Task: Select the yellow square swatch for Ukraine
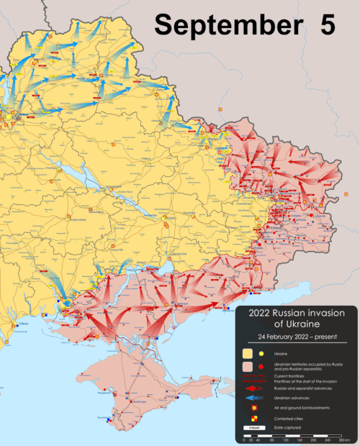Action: (x=246, y=354)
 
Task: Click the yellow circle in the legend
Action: (x=261, y=354)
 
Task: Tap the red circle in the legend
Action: (x=261, y=368)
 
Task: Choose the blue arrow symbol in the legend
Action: (x=253, y=398)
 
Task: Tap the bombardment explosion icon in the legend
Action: (x=253, y=408)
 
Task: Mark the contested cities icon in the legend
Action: (x=253, y=419)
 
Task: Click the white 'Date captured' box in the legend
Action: (x=253, y=429)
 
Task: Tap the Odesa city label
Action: (x=24, y=325)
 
